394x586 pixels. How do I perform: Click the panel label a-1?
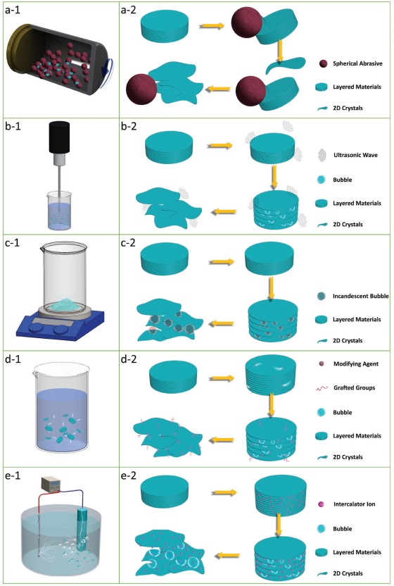(13, 10)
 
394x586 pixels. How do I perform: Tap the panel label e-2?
(129, 475)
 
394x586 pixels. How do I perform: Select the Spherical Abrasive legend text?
(357, 63)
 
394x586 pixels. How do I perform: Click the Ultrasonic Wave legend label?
(355, 155)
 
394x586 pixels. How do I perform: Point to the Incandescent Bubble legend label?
(361, 296)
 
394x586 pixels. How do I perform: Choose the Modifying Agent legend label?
(356, 363)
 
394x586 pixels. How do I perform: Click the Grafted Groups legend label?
(355, 387)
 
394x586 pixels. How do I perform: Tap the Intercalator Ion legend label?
(355, 504)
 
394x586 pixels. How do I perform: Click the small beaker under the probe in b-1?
(59, 211)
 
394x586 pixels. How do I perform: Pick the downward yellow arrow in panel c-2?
(271, 288)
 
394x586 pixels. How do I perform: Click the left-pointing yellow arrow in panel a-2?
(217, 89)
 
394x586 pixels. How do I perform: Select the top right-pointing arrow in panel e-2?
(224, 492)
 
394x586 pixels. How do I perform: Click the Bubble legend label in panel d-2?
(343, 413)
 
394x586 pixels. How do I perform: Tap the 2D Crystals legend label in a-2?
(348, 108)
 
